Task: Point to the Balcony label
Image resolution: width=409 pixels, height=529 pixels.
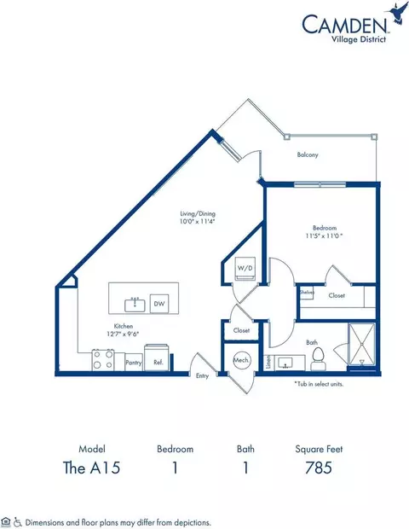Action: pyautogui.click(x=308, y=154)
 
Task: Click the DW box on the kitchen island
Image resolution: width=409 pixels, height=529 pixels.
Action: pyautogui.click(x=159, y=303)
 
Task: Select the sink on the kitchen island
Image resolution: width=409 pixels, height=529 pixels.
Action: pyautogui.click(x=134, y=303)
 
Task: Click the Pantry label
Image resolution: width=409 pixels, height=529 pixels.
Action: pyautogui.click(x=133, y=363)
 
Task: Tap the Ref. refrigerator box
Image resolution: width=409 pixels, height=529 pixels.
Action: pyautogui.click(x=157, y=361)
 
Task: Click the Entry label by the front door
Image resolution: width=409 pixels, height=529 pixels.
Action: pyautogui.click(x=202, y=375)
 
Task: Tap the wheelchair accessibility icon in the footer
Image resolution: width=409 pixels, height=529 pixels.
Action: pyautogui.click(x=17, y=520)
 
